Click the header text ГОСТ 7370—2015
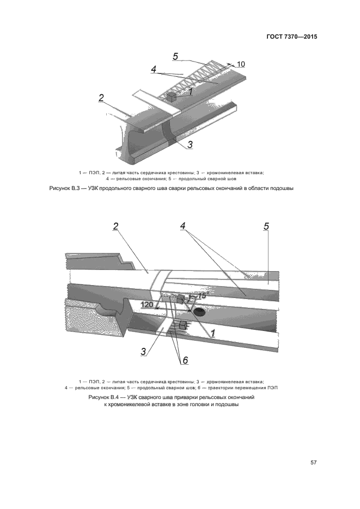pyautogui.click(x=292, y=37)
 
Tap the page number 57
pyautogui.click(x=314, y=463)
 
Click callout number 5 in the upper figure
pyautogui.click(x=175, y=56)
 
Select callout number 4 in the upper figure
pyautogui.click(x=154, y=70)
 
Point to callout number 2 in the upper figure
pyautogui.click(x=101, y=98)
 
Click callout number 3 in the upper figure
pyautogui.click(x=190, y=144)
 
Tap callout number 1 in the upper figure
pyautogui.click(x=191, y=92)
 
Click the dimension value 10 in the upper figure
pyautogui.click(x=241, y=64)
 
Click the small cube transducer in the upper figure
pyautogui.click(x=171, y=97)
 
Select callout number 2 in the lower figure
pyautogui.click(x=115, y=226)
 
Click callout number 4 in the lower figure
pyautogui.click(x=184, y=226)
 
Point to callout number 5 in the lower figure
pyautogui.click(x=266, y=226)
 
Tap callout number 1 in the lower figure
pyautogui.click(x=213, y=332)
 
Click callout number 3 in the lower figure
pyautogui.click(x=144, y=351)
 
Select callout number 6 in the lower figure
pyautogui.click(x=185, y=360)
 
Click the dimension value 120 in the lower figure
pyautogui.click(x=147, y=304)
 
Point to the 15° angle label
pyautogui.click(x=203, y=295)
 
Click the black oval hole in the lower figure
pyautogui.click(x=198, y=312)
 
